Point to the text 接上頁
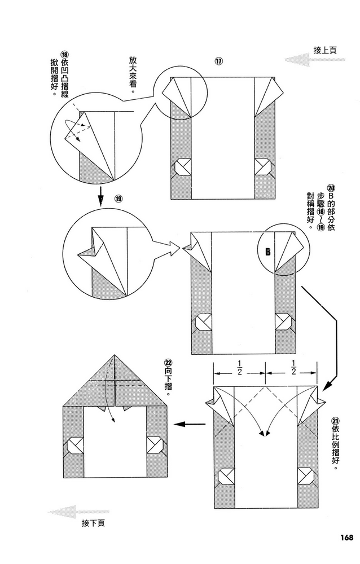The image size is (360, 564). (325, 50)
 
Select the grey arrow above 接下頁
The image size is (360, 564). (71, 513)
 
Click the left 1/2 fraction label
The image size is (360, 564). (239, 367)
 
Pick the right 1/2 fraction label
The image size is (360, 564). (293, 367)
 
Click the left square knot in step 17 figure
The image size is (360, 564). (183, 168)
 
